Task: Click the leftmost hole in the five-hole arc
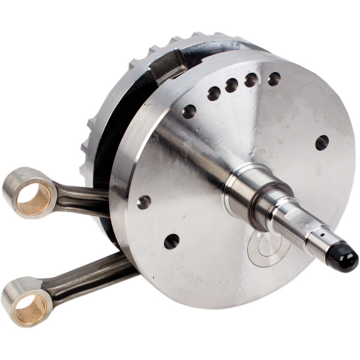pos(189,112)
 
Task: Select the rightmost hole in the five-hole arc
pos(274,79)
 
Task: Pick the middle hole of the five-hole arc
pos(232,86)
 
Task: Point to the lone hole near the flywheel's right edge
pos(322,142)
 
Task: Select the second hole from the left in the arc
pos(214,93)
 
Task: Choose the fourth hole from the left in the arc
pos(251,80)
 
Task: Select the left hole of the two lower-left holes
pos(143,202)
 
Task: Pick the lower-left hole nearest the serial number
pos(172,241)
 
